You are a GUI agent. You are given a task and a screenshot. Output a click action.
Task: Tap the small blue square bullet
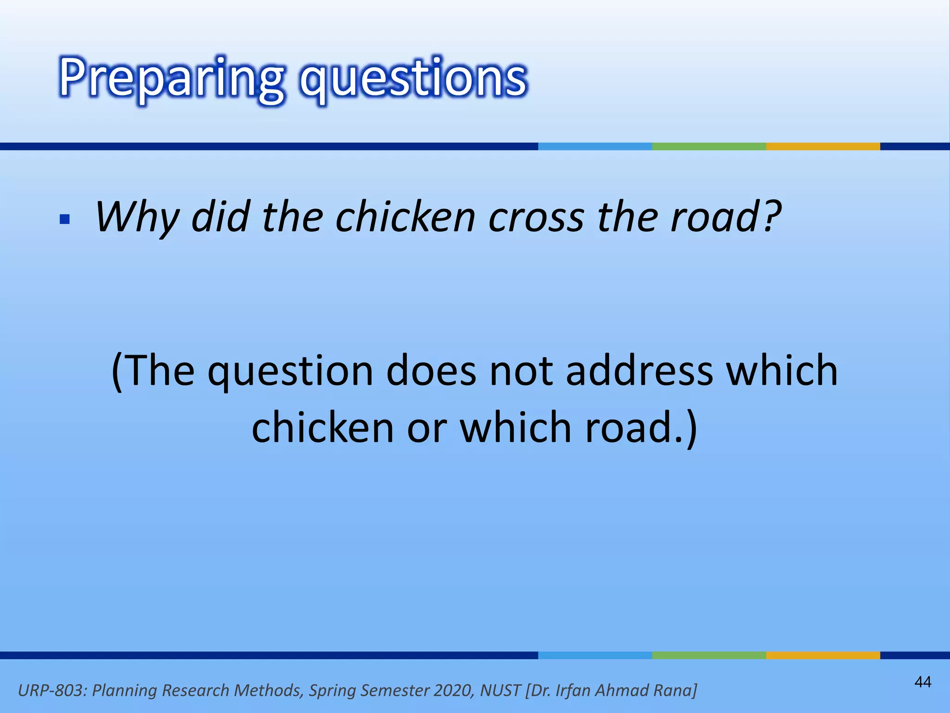[65, 219]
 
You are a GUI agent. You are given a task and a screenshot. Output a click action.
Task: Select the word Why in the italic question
[137, 217]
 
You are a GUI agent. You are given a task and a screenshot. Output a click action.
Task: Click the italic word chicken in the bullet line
[405, 217]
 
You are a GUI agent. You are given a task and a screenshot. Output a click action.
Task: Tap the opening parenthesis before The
[117, 371]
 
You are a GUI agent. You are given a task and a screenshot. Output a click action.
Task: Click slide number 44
[923, 682]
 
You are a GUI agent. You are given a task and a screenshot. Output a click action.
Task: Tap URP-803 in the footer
[51, 690]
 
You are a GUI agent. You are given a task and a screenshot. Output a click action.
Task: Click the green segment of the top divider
[709, 147]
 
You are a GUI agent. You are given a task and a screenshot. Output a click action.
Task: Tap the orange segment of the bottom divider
[823, 655]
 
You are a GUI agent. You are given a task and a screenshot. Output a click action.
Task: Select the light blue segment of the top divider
[595, 147]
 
